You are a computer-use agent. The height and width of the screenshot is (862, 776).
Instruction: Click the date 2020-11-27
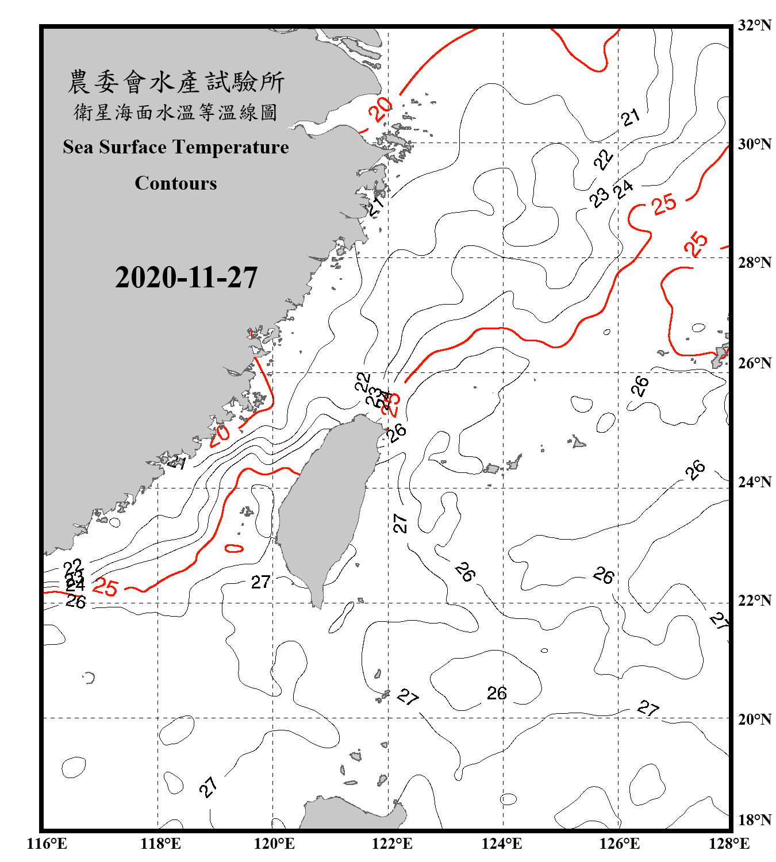[186, 278]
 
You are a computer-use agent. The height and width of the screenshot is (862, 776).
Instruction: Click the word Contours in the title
[176, 183]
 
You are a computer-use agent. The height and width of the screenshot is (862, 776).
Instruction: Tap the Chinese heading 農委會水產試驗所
[176, 82]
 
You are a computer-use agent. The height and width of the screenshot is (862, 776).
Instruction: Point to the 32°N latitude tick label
[754, 25]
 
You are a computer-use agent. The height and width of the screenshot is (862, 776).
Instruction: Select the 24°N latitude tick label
[754, 482]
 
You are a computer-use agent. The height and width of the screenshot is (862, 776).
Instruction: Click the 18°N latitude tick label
[754, 820]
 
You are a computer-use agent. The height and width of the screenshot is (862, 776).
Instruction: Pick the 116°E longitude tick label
[47, 844]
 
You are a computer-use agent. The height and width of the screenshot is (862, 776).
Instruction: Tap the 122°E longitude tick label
[392, 844]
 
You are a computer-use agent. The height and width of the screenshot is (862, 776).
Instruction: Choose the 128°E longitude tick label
[729, 844]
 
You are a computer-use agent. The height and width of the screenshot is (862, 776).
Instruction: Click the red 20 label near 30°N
[380, 109]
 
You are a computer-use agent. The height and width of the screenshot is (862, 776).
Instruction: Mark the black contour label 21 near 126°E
[631, 117]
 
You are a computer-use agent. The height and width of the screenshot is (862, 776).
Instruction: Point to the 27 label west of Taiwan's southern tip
[260, 582]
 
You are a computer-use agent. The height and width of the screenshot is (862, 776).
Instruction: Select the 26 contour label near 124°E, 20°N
[497, 693]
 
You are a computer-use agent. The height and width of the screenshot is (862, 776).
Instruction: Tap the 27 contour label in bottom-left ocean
[209, 787]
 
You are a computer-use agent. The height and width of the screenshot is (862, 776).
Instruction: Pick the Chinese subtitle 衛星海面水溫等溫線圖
[176, 112]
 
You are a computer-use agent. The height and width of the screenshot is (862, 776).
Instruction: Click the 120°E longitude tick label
[274, 844]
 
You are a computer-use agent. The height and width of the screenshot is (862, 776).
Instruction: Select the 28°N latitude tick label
[754, 263]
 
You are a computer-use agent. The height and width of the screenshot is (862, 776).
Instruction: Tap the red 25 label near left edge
[105, 587]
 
